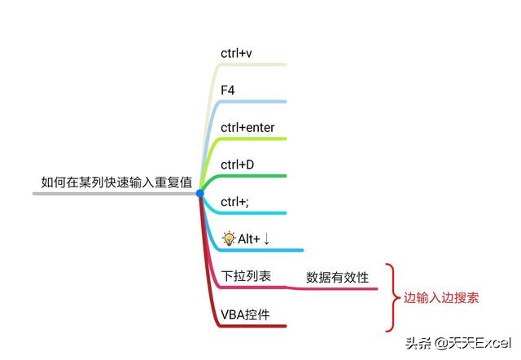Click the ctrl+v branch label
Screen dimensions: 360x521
coord(237,53)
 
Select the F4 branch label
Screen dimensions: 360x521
coord(228,90)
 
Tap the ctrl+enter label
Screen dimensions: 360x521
coord(252,128)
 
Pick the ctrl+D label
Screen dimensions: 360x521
coord(238,165)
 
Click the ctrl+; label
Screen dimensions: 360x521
coord(237,202)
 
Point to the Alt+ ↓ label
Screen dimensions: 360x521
coord(253,239)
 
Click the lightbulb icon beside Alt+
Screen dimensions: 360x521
coord(229,238)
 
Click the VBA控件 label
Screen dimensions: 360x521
coord(245,314)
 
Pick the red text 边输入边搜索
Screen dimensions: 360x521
coord(441,297)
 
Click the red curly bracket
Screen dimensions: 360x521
coord(392,297)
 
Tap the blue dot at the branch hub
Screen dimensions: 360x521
coord(199,193)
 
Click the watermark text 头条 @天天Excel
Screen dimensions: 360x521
coord(463,341)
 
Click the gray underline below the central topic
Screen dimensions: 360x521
coord(114,194)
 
